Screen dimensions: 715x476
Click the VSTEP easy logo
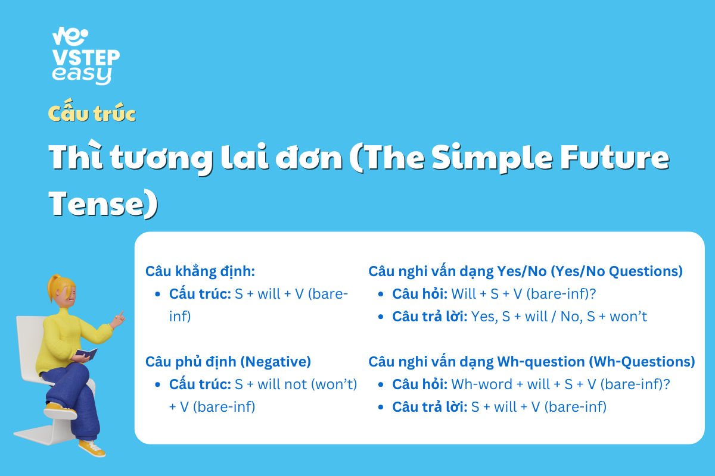point(86,56)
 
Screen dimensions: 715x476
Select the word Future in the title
point(614,157)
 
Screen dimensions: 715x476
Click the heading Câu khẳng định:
point(200,271)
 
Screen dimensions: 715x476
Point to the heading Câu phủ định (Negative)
point(228,362)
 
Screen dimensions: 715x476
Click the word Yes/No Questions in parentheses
point(617,271)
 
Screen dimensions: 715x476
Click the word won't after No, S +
point(628,317)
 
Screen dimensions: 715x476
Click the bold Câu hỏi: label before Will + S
point(419,294)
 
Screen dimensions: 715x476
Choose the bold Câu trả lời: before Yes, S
point(430,317)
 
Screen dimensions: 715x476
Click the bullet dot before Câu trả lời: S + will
point(381,407)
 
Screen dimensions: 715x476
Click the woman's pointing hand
point(118,320)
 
